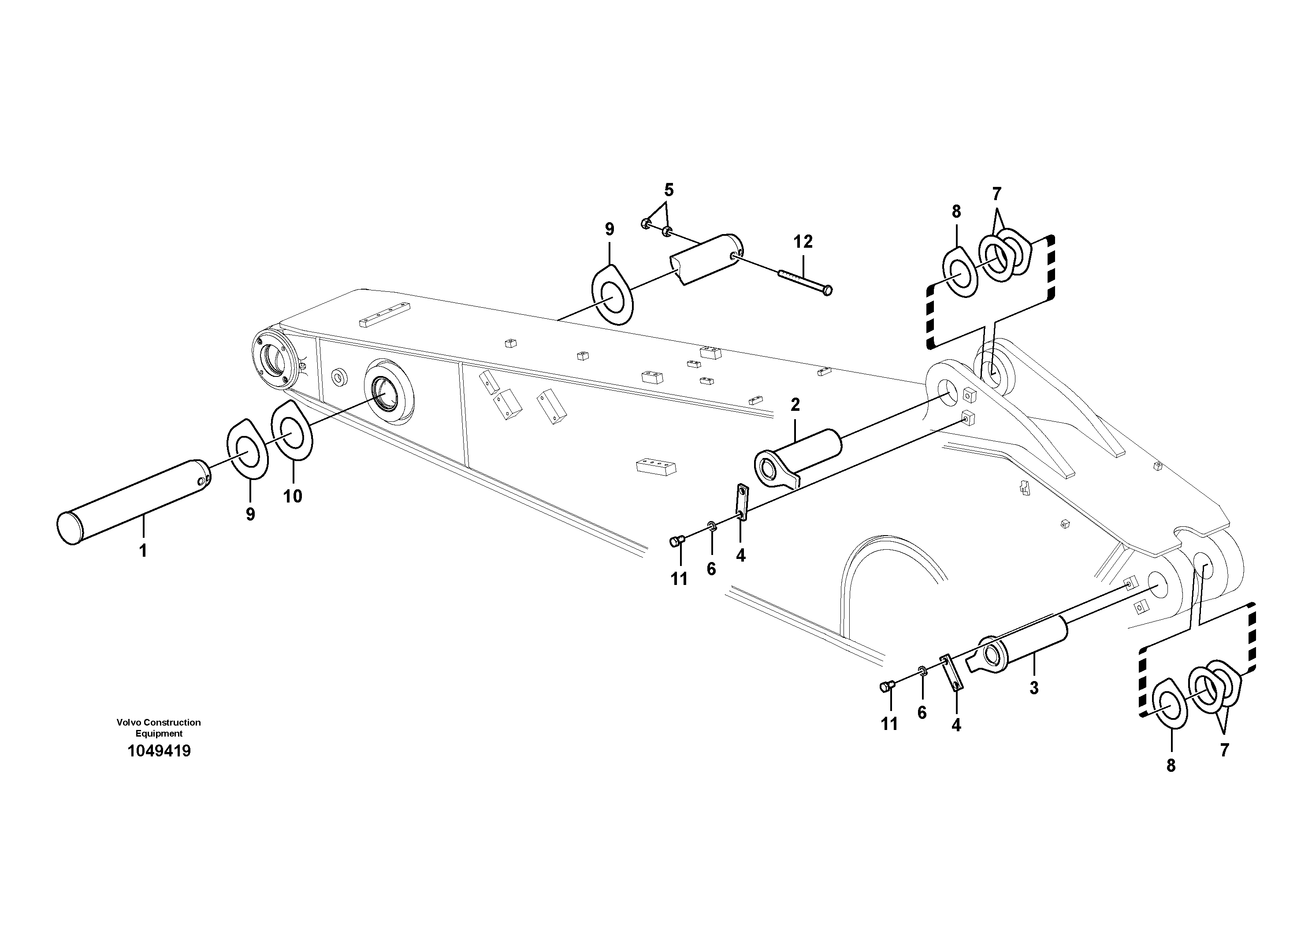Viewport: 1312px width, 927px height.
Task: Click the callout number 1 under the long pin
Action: (143, 551)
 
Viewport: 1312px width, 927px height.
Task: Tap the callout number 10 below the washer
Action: (293, 496)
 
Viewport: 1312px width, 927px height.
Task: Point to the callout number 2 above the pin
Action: (795, 405)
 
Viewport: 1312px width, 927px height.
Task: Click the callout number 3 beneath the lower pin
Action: (1034, 689)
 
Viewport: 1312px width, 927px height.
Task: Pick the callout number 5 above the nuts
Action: (669, 190)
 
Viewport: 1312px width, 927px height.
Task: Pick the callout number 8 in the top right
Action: (956, 212)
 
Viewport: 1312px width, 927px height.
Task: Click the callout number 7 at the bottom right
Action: (1224, 750)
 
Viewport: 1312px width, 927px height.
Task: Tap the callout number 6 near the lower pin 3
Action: (922, 713)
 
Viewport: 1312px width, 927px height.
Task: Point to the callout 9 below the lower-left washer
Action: (250, 514)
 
